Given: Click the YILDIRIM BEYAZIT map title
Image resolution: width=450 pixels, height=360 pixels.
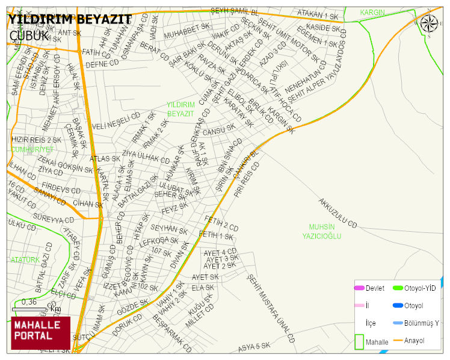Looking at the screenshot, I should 69,19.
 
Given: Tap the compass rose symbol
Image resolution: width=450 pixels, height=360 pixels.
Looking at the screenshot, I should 429,23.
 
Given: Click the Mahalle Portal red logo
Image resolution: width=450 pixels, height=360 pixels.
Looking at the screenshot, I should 40,333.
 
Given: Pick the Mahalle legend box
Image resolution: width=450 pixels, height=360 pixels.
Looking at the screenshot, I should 360,341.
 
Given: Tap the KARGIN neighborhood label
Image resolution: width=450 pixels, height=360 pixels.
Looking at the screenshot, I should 372,13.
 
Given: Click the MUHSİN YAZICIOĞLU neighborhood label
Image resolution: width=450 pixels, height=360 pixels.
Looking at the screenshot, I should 321,232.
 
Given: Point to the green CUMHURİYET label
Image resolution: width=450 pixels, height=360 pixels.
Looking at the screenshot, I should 32,149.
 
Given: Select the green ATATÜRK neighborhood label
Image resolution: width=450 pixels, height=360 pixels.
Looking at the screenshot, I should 25,259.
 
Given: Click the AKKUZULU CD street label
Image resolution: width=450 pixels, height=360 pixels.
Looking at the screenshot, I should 338,213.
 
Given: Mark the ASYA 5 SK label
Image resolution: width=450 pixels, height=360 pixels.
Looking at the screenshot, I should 253,347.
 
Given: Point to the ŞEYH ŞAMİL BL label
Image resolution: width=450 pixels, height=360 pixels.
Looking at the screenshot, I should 234,12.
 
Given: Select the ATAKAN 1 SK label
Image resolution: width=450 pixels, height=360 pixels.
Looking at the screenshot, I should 318,16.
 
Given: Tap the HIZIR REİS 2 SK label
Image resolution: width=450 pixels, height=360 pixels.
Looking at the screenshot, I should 32,140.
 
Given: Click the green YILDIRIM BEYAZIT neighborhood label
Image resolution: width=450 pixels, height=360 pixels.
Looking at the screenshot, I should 180,109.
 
